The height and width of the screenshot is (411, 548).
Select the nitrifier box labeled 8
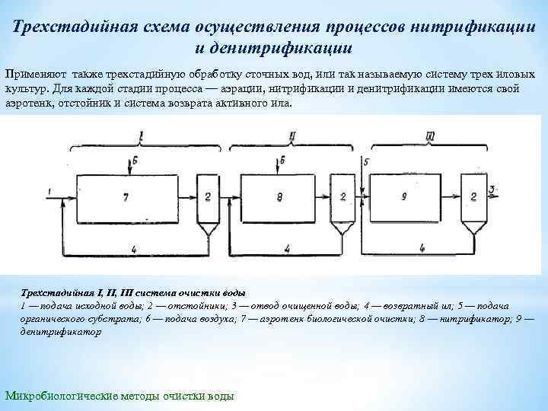pos(279,196)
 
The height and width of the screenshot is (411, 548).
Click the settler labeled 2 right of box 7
pos(206,196)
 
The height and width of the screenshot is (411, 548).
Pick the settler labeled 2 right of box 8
pos(342,196)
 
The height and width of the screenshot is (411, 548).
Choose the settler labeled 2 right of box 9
pos(473,196)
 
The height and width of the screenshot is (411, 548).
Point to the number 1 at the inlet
pos(48,190)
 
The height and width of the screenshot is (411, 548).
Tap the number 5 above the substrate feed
pos(367,162)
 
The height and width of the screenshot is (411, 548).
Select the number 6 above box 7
pos(135,161)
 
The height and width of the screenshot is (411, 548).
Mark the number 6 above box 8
pos(282,161)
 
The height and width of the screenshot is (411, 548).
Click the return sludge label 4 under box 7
pos(134,248)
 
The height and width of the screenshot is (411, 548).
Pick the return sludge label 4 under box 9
pos(422,248)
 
